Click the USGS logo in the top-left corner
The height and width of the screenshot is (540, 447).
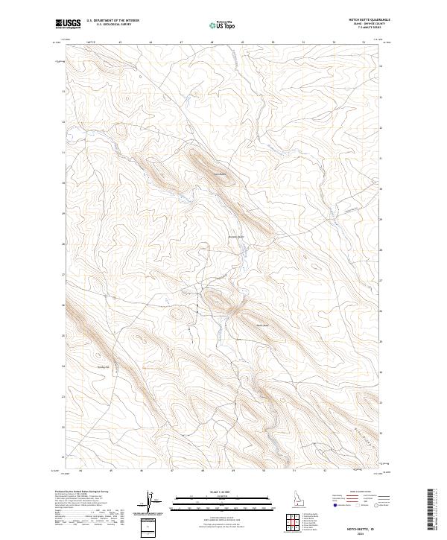click(x=68, y=23)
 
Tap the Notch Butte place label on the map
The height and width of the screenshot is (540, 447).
click(x=261, y=325)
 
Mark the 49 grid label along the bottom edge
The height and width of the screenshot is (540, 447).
click(x=233, y=471)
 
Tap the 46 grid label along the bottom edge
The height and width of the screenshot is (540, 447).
click(x=141, y=471)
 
